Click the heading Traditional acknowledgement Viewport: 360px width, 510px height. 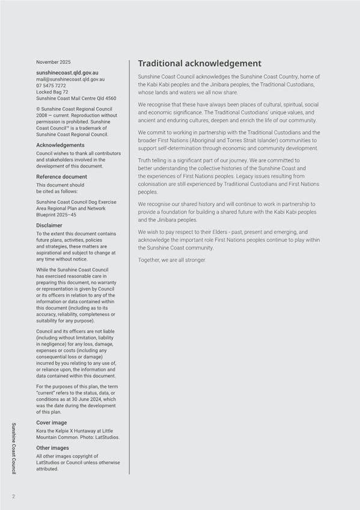click(x=200, y=63)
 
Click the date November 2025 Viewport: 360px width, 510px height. click(x=53, y=62)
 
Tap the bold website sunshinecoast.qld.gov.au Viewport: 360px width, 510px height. click(x=67, y=72)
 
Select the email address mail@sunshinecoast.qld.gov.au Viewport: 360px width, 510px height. click(x=70, y=79)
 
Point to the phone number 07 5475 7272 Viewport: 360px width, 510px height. click(x=51, y=85)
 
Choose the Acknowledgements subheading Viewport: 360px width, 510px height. click(x=60, y=145)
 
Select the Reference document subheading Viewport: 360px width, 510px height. click(x=61, y=177)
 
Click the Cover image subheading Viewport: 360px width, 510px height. click(x=52, y=423)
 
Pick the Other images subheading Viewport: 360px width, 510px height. click(x=52, y=448)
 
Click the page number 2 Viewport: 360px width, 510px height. click(x=13, y=496)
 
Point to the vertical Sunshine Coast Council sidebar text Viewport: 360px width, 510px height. click(x=14, y=448)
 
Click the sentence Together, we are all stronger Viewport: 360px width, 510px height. click(x=172, y=260)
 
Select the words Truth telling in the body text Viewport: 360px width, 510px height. click(x=153, y=161)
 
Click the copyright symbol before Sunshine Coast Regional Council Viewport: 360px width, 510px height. click(x=38, y=109)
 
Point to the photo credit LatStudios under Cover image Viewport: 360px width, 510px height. click(x=107, y=437)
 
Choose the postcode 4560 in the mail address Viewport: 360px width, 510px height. click(x=110, y=98)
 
